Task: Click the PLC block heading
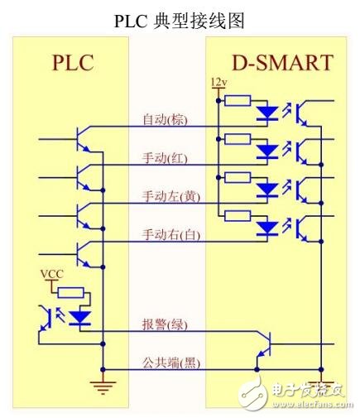click(73, 63)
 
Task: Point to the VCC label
click(51, 273)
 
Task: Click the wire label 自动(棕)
click(165, 120)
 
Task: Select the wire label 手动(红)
click(165, 158)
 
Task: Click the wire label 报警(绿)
click(165, 325)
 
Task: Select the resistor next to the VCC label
click(71, 292)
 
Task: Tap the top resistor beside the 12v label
click(238, 101)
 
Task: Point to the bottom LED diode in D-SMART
click(267, 227)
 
